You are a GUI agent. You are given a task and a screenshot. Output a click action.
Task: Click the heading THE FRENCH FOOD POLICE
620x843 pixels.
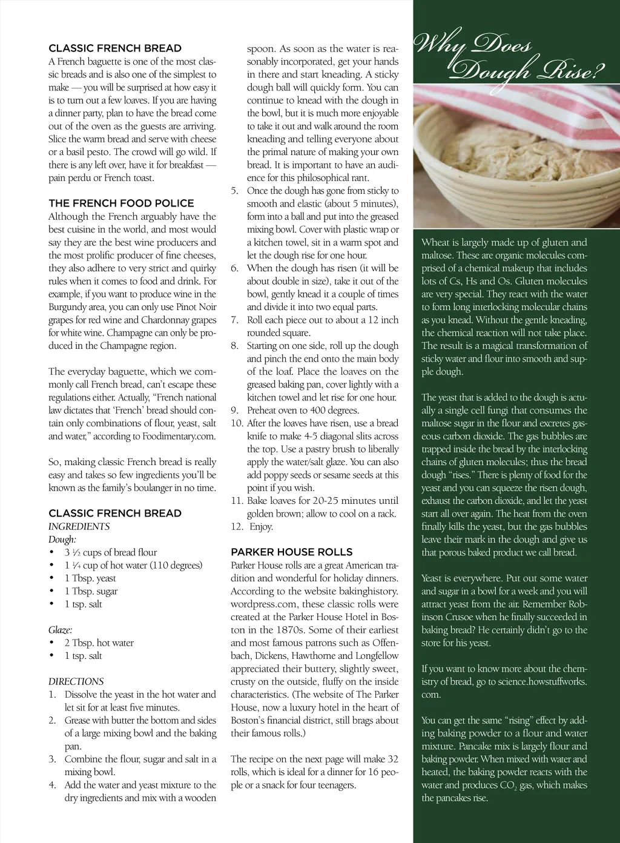[121, 203]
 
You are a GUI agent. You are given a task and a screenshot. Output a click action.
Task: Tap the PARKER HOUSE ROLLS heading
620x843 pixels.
[291, 552]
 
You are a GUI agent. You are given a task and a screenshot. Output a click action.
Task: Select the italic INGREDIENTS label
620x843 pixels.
[79, 526]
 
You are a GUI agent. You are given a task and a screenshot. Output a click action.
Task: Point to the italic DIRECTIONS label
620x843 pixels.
[76, 681]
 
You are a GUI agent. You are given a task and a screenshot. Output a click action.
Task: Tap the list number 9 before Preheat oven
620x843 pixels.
[234, 410]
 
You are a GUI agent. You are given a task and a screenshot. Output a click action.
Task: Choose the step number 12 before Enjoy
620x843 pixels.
[237, 526]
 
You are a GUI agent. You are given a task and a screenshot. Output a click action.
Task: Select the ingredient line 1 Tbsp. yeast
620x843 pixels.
[90, 578]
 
